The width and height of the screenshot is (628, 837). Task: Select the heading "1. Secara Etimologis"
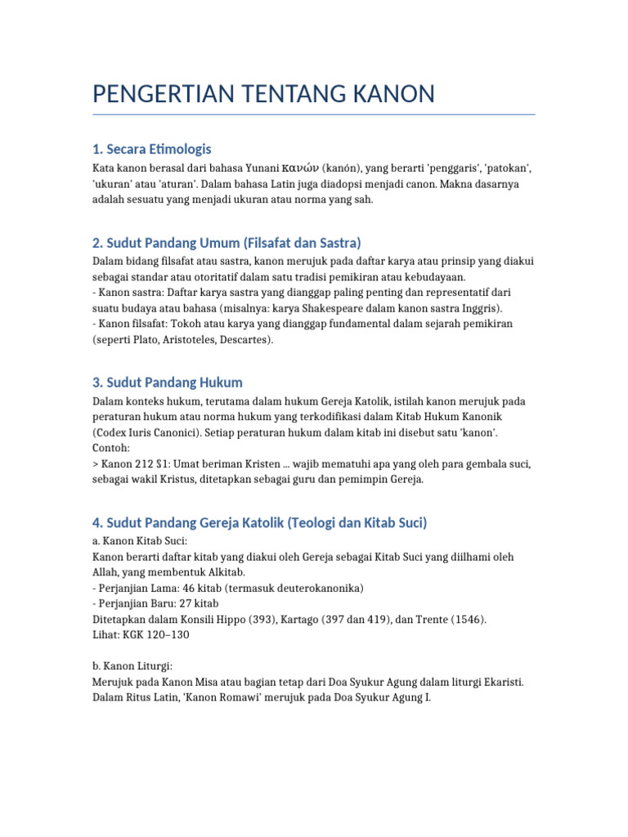152,149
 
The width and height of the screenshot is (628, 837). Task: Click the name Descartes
243,339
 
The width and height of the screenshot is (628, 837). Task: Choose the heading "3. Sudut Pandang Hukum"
168,383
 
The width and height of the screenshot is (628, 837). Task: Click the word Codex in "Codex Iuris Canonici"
110,432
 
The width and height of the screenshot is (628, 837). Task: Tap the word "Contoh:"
110,448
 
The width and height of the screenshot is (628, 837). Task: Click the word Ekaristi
501,682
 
